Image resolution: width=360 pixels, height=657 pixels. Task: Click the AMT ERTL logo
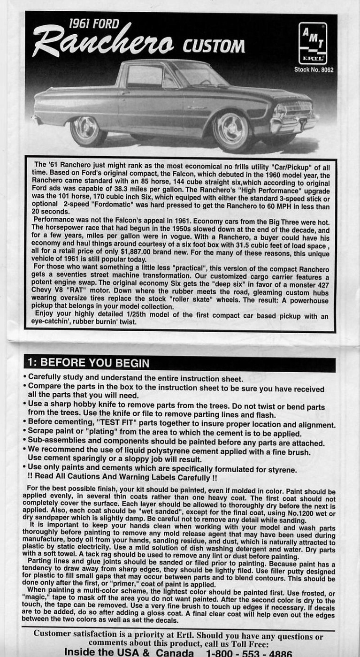point(313,44)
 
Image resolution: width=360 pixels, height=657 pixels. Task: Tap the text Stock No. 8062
point(314,70)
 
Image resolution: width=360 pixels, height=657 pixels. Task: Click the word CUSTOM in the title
point(214,46)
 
